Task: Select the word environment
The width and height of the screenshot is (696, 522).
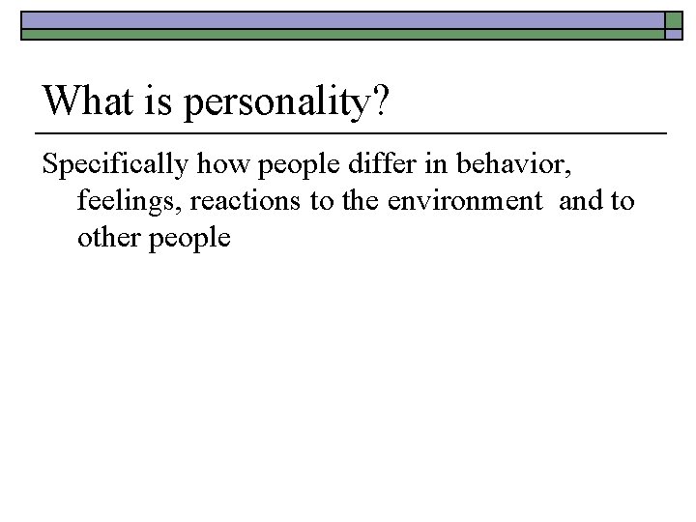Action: (461, 201)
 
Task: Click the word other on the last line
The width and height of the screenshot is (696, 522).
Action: (109, 238)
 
